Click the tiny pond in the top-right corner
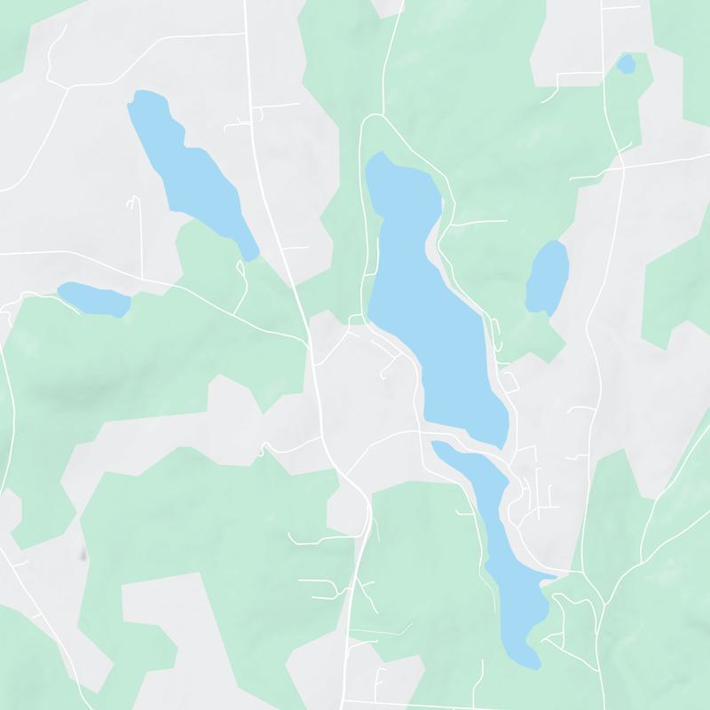click(x=626, y=64)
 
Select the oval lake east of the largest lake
click(x=548, y=277)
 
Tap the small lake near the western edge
click(x=93, y=298)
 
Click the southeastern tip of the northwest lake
click(x=252, y=258)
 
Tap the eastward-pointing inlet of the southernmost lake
click(x=552, y=578)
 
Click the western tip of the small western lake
click(x=59, y=289)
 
